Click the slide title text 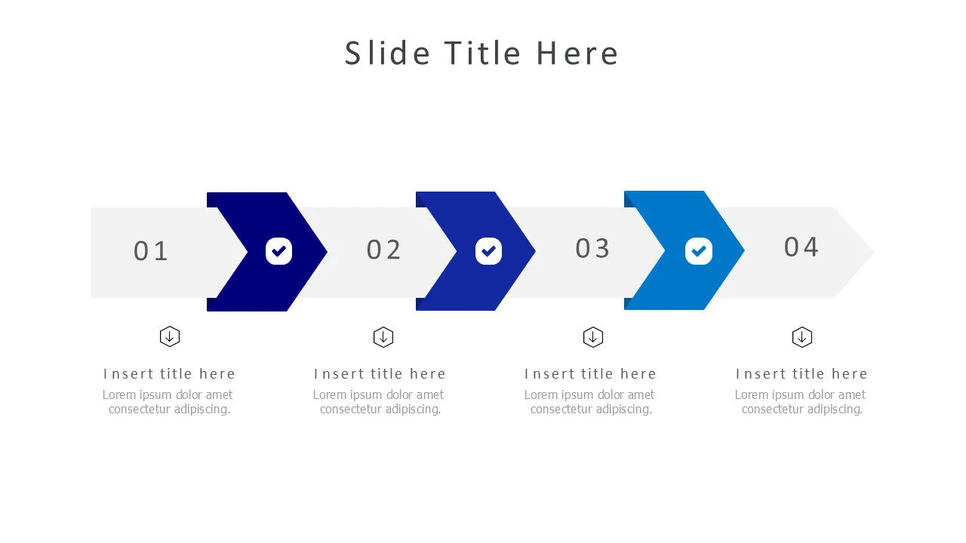pyautogui.click(x=481, y=54)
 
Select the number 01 pyautogui.click(x=151, y=251)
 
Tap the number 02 pyautogui.click(x=384, y=250)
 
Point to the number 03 pyautogui.click(x=592, y=248)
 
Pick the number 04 pyautogui.click(x=801, y=247)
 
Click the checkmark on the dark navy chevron pyautogui.click(x=278, y=251)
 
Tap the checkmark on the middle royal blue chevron pyautogui.click(x=488, y=251)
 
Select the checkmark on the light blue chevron pyautogui.click(x=698, y=251)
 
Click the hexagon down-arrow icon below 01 pyautogui.click(x=170, y=336)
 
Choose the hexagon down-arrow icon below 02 pyautogui.click(x=383, y=337)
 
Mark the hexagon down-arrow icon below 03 pyautogui.click(x=593, y=337)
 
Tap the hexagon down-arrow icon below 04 pyautogui.click(x=801, y=337)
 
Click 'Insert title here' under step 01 pyautogui.click(x=169, y=374)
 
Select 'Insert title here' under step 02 pyautogui.click(x=380, y=374)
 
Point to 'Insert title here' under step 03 pyautogui.click(x=590, y=374)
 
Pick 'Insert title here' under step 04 pyautogui.click(x=801, y=374)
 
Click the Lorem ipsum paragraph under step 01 pyautogui.click(x=168, y=402)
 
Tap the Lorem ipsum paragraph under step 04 pyautogui.click(x=801, y=402)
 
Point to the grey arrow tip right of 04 pyautogui.click(x=857, y=253)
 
